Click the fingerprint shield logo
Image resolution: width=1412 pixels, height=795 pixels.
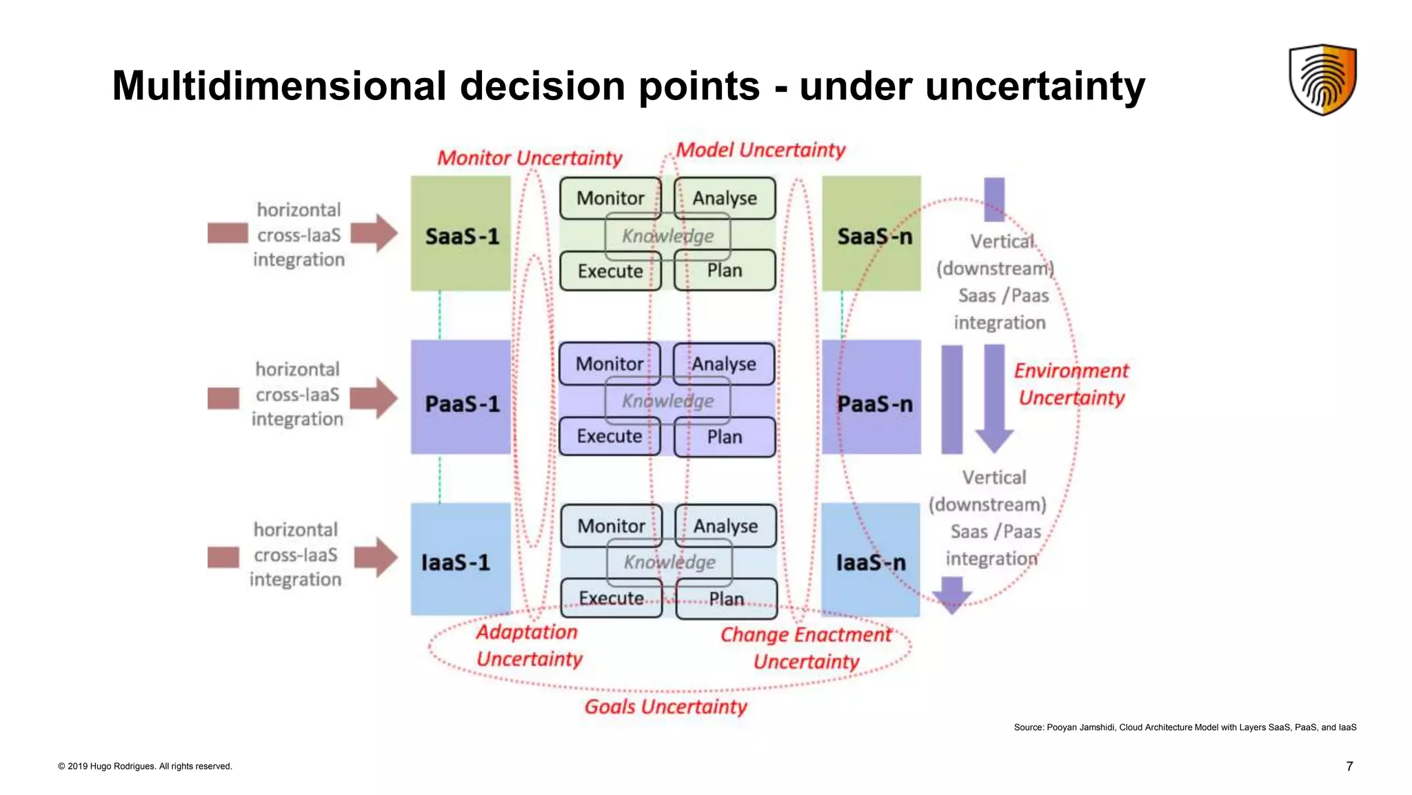coord(1322,79)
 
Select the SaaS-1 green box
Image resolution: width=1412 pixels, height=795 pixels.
coord(461,234)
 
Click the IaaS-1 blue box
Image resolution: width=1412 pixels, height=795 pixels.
coord(460,560)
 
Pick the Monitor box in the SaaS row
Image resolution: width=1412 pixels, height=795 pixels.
coord(610,198)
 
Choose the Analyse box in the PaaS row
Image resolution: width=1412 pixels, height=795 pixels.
coord(724,364)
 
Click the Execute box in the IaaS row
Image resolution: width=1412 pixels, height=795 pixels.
coord(611,598)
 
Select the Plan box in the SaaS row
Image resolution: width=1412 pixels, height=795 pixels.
coord(725,271)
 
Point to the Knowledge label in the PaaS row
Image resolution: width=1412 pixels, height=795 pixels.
coord(667,401)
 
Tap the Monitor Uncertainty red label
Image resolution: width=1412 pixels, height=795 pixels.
coord(529,158)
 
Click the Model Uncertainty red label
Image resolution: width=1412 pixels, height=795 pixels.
coord(760,150)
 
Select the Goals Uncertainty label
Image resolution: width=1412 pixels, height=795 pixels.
coord(665,707)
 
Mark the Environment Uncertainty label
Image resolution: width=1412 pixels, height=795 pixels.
coord(1071,384)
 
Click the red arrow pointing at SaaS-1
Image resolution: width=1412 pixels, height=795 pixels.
coord(374,233)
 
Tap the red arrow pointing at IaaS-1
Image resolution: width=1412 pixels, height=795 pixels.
coord(376,557)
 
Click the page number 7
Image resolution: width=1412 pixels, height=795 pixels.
coord(1349,766)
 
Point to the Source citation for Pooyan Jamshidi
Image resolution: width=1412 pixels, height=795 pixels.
coord(1184,727)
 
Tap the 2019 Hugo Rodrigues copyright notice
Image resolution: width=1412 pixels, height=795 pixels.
coord(145,766)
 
